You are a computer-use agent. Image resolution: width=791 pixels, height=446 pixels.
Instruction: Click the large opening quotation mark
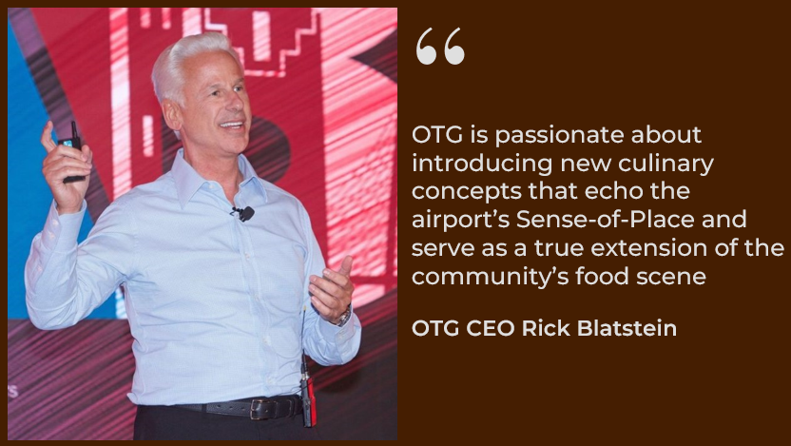[440, 46]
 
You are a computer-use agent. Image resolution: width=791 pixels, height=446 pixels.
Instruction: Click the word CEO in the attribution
[491, 328]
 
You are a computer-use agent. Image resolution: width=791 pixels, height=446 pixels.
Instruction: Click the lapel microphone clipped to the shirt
[245, 213]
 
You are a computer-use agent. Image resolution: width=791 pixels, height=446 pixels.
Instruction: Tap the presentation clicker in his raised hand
[72, 151]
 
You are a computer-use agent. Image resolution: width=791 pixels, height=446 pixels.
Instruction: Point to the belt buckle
[259, 408]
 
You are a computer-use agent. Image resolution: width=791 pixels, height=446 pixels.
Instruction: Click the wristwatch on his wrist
[344, 317]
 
